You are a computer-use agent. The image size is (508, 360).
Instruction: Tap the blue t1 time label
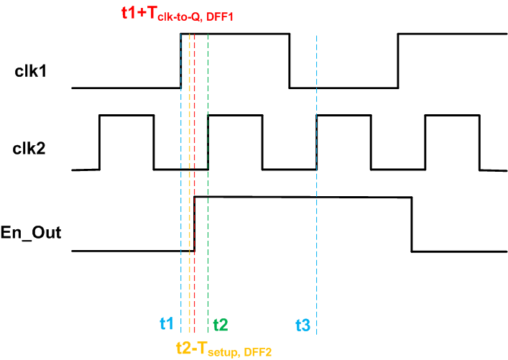[x=166, y=324]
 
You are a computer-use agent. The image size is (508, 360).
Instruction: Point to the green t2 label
[x=220, y=324]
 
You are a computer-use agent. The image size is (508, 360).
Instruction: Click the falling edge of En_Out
[x=412, y=223]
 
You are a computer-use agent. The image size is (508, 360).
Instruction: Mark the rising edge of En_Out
[x=195, y=223]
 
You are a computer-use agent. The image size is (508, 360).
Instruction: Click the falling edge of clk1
[x=290, y=60]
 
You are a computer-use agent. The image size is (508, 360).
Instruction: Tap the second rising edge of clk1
[x=399, y=60]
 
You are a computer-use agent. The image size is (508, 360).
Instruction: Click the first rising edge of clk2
[x=99, y=142]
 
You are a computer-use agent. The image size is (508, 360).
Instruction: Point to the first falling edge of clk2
[x=154, y=142]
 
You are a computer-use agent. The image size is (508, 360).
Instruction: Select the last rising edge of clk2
[x=425, y=142]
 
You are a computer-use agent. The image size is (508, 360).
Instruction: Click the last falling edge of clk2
[x=479, y=142]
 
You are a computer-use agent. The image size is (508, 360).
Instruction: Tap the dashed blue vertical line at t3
[x=316, y=216]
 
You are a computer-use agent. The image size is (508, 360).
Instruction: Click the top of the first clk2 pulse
[x=126, y=115]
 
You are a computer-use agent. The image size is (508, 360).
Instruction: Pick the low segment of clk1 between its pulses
[x=344, y=88]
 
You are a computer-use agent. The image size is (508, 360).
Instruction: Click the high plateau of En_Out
[x=302, y=196]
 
